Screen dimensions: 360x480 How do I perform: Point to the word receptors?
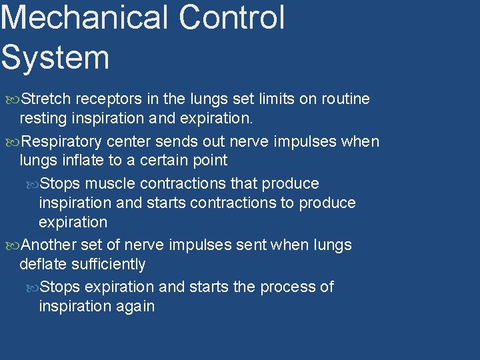pyautogui.click(x=109, y=99)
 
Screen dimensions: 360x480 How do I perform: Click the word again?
pyautogui.click(x=134, y=307)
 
